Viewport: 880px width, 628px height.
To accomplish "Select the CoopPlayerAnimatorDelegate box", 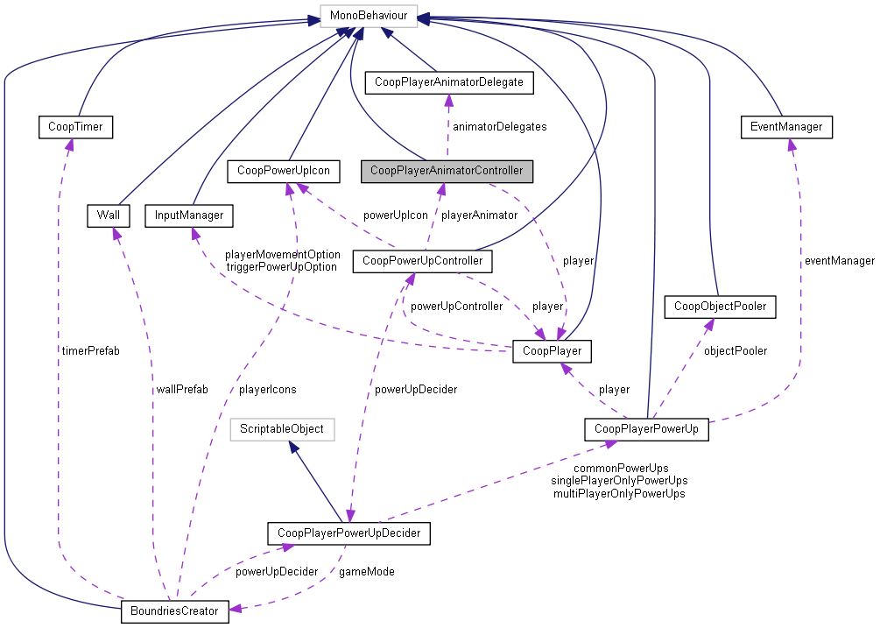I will coord(448,82).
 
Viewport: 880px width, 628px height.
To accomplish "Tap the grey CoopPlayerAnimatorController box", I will coord(447,170).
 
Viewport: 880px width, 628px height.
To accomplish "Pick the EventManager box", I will coord(785,127).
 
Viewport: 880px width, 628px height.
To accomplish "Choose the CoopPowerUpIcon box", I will coord(283,170).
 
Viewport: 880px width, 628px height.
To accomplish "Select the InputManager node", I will coord(189,215).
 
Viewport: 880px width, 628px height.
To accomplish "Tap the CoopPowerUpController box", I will coord(422,260).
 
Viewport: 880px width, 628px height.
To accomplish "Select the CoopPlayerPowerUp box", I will coord(646,429).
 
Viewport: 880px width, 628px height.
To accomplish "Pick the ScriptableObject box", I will coord(282,429).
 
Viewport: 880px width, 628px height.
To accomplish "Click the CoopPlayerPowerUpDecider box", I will coord(348,533).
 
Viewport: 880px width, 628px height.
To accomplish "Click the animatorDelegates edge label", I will coord(499,127).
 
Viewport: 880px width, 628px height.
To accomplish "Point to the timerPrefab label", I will coord(91,350).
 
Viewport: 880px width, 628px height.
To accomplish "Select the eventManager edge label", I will coord(839,261).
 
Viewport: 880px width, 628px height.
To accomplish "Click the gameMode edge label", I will coord(366,571).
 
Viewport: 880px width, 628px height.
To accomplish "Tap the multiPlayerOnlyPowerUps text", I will coord(619,494).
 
